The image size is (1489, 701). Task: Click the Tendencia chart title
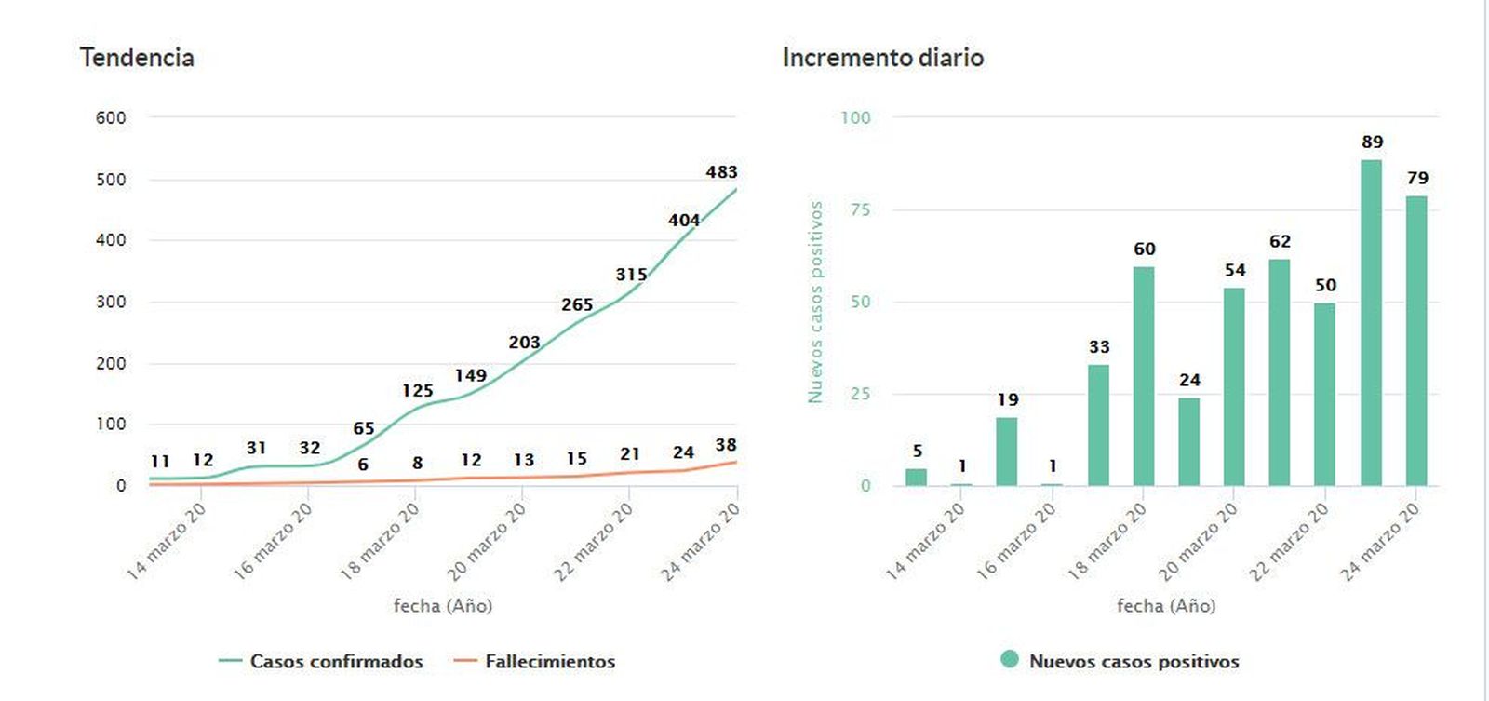point(137,58)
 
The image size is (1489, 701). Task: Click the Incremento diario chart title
point(882,58)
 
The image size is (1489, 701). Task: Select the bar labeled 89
point(1371,322)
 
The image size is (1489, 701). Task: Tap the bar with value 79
point(1415,341)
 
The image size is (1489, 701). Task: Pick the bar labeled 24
point(1188,441)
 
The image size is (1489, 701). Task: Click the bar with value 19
point(1006,452)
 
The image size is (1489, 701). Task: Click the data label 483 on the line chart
point(721,172)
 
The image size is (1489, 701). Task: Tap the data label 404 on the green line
point(683,221)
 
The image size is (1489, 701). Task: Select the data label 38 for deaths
point(726,445)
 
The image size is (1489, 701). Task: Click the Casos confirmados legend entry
point(335,662)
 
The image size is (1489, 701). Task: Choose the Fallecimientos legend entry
point(549,662)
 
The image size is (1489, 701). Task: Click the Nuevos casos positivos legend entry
point(1133,662)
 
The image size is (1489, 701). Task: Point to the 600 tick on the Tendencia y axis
point(111,118)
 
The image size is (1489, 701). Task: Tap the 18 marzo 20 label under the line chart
point(380,541)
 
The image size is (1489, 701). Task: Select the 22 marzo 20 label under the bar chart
point(1288,541)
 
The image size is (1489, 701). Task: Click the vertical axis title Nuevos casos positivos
point(815,302)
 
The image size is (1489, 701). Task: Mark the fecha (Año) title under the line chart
point(442,606)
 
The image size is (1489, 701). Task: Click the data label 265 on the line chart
point(577,305)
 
